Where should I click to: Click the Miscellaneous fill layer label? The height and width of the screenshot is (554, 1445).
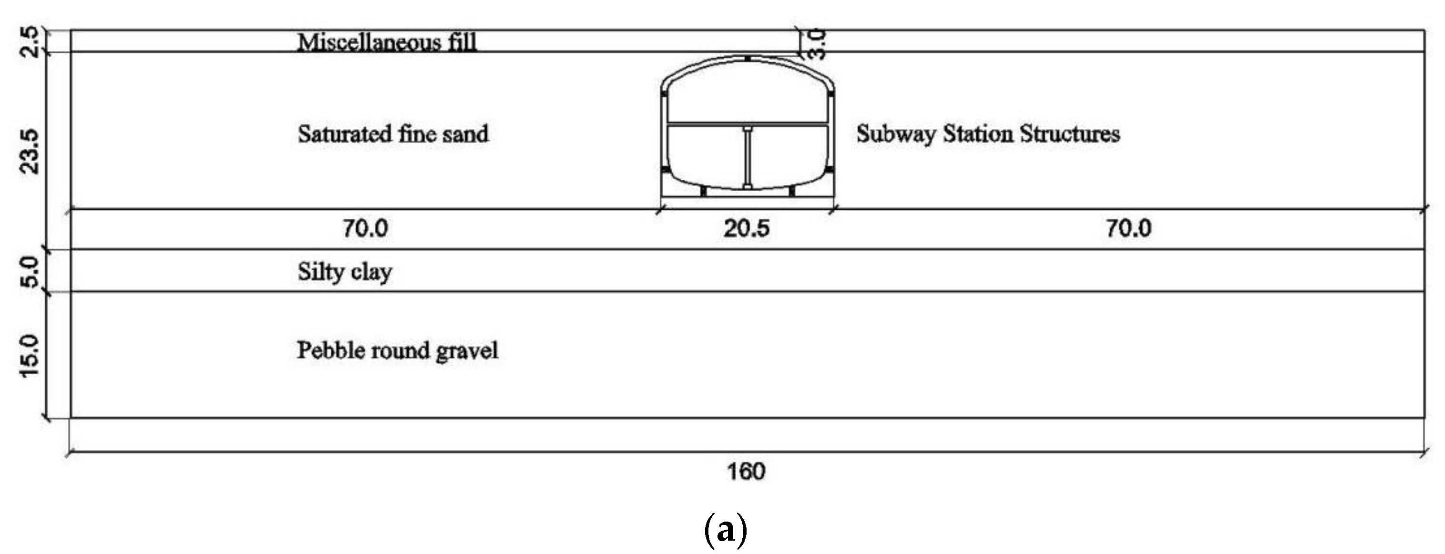click(x=387, y=42)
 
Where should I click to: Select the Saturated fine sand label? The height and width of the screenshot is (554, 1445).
click(x=393, y=134)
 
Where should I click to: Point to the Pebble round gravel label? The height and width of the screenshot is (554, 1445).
click(x=397, y=351)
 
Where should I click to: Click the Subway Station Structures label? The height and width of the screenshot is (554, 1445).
click(x=988, y=134)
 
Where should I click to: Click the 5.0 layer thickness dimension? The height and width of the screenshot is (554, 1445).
click(x=31, y=271)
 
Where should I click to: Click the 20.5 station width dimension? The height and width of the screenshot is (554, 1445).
click(x=746, y=229)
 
